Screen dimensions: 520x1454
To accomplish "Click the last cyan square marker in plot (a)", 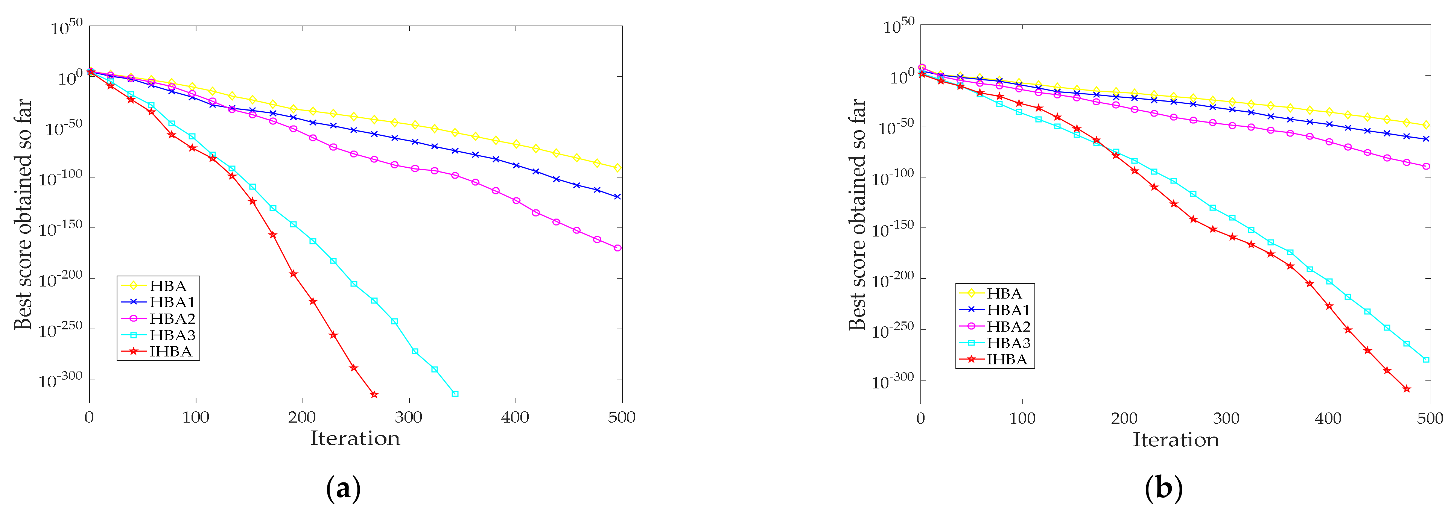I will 455,394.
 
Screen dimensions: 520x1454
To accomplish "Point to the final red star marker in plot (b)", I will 1407,389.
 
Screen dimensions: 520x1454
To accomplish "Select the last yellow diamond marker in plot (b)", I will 1426,125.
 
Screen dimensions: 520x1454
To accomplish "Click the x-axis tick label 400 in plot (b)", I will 1328,418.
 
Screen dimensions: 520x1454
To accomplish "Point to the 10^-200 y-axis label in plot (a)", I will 60,279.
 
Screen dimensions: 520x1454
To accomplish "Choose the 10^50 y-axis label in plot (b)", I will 899,26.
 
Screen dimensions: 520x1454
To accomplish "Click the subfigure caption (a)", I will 343,488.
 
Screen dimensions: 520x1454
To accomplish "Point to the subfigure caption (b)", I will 1164,488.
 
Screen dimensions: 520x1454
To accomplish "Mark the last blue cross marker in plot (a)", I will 617,197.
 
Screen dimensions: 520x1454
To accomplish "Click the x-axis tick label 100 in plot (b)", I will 1022,418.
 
